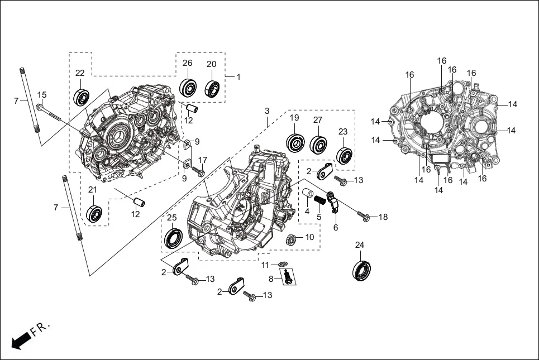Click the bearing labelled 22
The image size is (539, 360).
[82, 97]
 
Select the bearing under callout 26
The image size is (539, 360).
[188, 88]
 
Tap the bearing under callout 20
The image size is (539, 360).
[212, 88]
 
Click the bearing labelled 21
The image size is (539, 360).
[93, 213]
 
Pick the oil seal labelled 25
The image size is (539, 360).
[173, 238]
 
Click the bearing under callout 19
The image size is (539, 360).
[294, 143]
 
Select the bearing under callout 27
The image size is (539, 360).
[318, 144]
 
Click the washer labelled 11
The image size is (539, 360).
[283, 263]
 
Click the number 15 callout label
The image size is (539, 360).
[42, 94]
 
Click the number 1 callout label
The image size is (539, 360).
[238, 77]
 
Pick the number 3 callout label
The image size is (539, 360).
[267, 111]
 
